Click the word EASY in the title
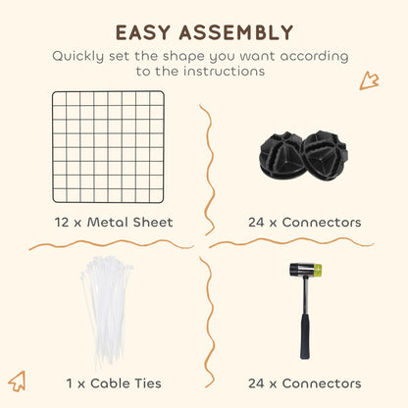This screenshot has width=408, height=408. (x=143, y=32)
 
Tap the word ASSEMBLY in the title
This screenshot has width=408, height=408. (x=236, y=32)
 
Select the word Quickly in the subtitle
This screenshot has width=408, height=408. (x=77, y=56)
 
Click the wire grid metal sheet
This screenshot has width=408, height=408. (x=108, y=147)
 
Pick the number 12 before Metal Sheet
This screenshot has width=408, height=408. (x=62, y=223)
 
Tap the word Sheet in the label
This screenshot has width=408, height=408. (x=153, y=223)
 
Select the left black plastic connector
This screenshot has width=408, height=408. (x=281, y=155)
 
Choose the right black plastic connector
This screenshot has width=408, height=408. (x=325, y=155)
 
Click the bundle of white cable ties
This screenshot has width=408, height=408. (x=106, y=312)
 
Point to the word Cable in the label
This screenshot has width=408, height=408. (x=109, y=383)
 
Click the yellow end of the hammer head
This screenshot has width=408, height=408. (x=317, y=270)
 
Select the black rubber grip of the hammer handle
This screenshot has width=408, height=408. (x=305, y=335)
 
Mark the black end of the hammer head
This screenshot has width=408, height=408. (x=294, y=269)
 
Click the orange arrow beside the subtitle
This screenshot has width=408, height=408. (x=370, y=80)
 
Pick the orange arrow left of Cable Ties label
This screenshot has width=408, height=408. (x=17, y=382)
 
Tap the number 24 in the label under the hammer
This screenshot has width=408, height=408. (x=256, y=383)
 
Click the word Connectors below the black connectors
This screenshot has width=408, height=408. (x=322, y=223)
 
